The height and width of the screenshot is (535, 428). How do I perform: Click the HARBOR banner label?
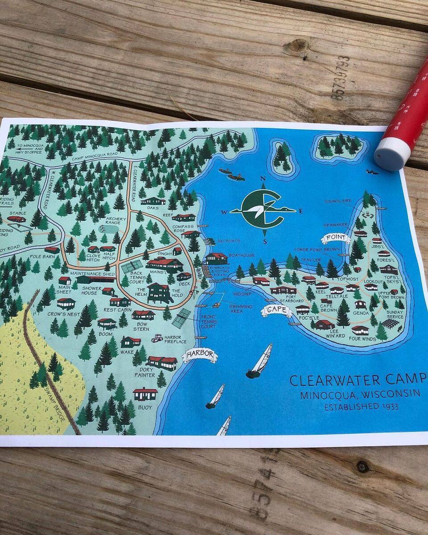(200, 355)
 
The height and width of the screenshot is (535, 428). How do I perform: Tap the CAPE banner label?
(277, 311)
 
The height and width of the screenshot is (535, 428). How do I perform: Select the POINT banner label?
(335, 238)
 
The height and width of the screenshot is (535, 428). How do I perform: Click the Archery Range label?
(116, 221)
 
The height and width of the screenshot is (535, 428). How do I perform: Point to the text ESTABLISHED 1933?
(361, 407)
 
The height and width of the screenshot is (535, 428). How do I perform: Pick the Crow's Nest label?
(64, 314)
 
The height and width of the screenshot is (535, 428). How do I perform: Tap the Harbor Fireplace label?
(175, 340)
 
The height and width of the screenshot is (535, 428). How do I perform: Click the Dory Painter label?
(145, 372)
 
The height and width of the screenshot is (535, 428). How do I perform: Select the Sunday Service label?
(395, 315)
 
